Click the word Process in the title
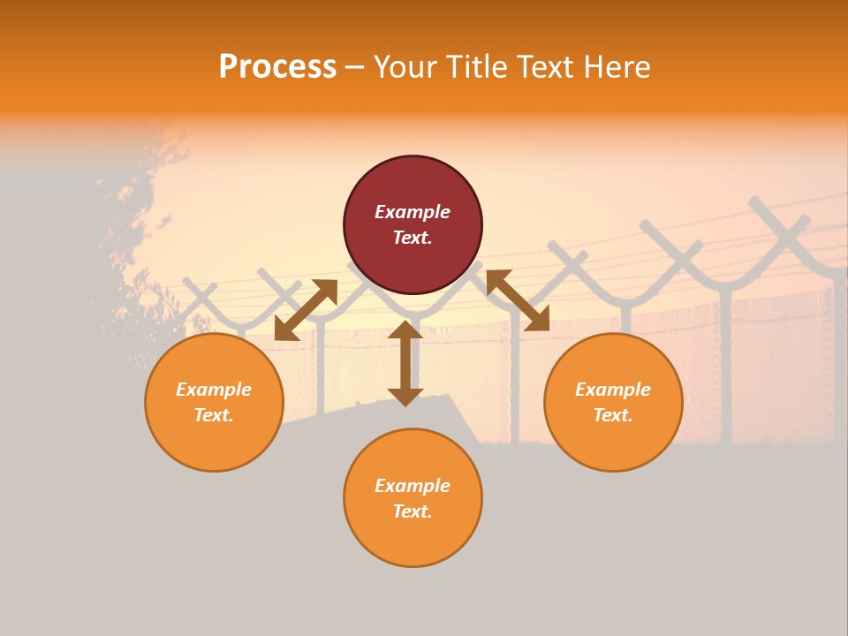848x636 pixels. [277, 67]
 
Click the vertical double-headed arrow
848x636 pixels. [405, 363]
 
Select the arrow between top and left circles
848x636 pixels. [306, 309]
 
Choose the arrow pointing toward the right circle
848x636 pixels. [518, 300]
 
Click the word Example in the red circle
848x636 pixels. [413, 212]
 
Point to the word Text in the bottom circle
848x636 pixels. [412, 511]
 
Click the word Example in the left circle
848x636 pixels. [214, 390]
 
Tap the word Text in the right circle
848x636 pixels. [612, 415]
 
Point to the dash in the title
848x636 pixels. [355, 68]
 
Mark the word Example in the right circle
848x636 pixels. [613, 390]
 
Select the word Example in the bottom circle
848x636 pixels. [413, 486]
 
